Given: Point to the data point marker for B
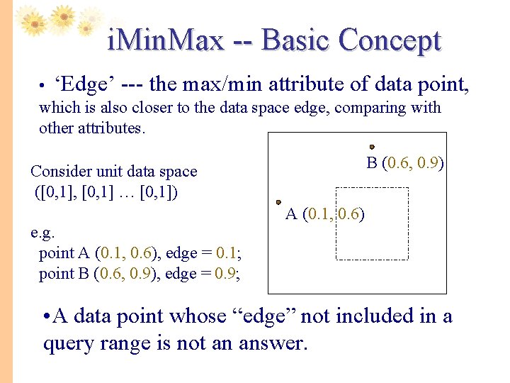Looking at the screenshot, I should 372,148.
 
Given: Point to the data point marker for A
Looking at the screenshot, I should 279,202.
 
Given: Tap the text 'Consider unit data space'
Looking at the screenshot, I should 114,172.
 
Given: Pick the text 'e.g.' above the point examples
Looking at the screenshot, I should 43,232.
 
